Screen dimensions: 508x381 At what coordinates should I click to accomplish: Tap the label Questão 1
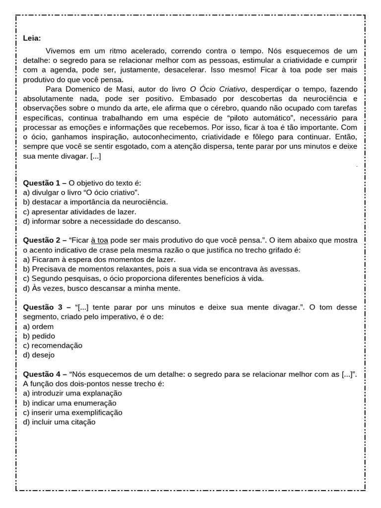coord(45,183)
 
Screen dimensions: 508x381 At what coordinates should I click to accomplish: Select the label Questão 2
coord(45,240)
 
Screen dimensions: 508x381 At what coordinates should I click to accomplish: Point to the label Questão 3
coord(45,307)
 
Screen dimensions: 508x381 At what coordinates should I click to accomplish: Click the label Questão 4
coord(45,374)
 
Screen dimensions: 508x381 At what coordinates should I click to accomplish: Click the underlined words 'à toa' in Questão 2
coord(99,240)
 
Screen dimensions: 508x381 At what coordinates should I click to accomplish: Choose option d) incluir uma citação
coord(59,422)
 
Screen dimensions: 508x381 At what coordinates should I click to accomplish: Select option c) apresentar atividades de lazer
coord(72,211)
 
